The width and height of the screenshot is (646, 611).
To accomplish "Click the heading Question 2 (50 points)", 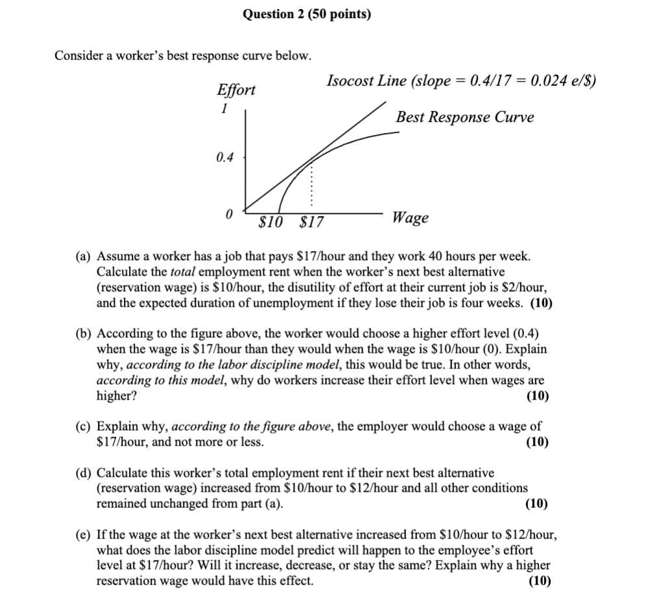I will coord(307,14).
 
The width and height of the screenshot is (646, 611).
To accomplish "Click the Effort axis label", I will coord(235,90).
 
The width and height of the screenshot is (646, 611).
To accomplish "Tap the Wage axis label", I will coord(410,218).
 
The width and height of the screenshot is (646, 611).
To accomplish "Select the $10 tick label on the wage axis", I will coord(270,222).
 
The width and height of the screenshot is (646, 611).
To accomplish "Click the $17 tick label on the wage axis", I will coord(311,222).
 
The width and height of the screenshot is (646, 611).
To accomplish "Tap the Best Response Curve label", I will coord(464,117).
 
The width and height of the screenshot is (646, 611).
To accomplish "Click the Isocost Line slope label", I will coord(461,81).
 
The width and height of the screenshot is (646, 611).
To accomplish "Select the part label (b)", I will coord(82,333).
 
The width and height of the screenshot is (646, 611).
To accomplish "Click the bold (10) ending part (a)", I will coord(542,303).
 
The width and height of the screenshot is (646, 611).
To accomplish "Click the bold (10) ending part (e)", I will coord(538,581).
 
